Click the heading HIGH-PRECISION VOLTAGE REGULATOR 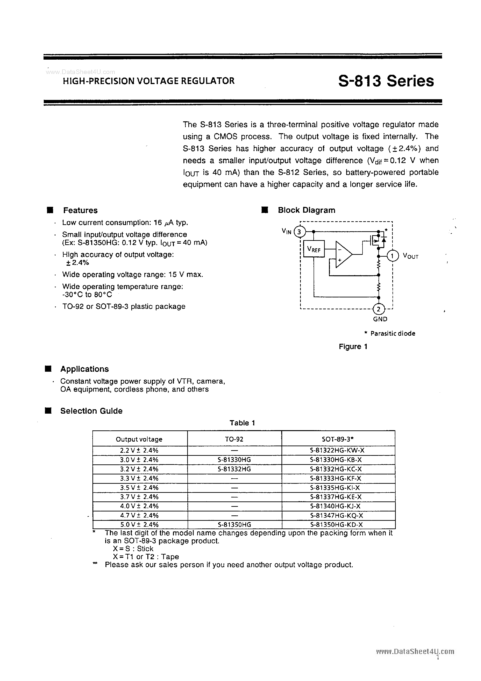click(149, 81)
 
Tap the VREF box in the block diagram click(314, 249)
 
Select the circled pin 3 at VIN click(299, 232)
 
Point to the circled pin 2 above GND click(378, 309)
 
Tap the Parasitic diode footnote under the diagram click(390, 333)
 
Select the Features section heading click(80, 210)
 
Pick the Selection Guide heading click(91, 411)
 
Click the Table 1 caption click(242, 423)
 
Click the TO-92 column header click(234, 439)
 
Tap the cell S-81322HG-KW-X click(337, 450)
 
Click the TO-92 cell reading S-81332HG click(234, 469)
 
